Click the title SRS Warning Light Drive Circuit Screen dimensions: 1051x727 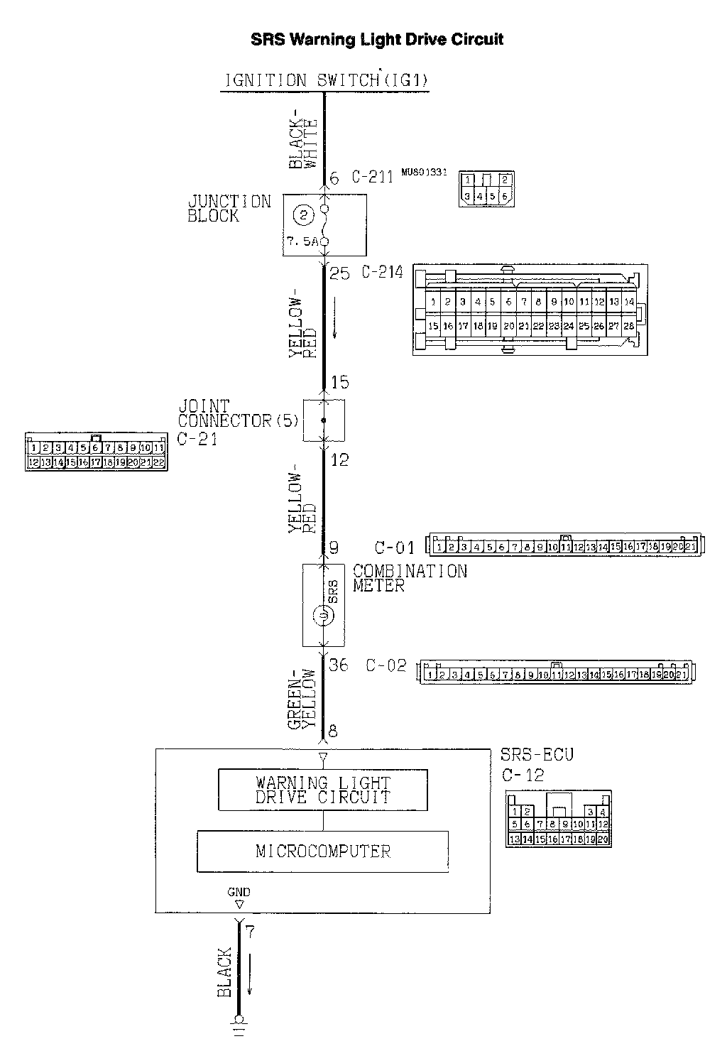click(x=377, y=39)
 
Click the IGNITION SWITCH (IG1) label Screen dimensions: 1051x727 click(x=327, y=80)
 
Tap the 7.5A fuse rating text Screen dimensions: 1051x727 click(x=302, y=242)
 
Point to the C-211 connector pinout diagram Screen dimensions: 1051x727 click(x=486, y=189)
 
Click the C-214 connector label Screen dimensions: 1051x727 click(x=382, y=271)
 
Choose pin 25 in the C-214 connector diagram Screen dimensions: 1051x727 click(x=584, y=326)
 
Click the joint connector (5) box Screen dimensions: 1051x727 click(x=324, y=420)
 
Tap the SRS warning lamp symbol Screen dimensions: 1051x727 click(x=323, y=614)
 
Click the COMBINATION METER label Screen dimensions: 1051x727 click(x=410, y=578)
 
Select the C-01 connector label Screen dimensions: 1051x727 click(x=394, y=548)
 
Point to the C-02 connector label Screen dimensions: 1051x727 click(x=386, y=665)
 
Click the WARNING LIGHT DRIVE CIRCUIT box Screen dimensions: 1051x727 click(x=323, y=790)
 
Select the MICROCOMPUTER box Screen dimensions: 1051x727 click(x=323, y=851)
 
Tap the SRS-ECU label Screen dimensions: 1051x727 click(x=537, y=754)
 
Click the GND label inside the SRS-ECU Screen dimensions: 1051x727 click(x=239, y=892)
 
